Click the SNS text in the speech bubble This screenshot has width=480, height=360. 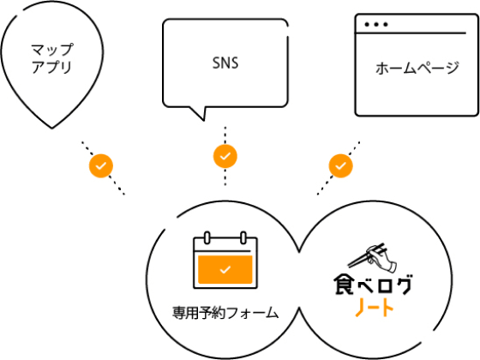pyautogui.click(x=225, y=63)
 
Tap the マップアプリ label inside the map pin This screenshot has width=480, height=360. pyautogui.click(x=52, y=58)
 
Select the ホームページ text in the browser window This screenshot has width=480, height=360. pyautogui.click(x=417, y=68)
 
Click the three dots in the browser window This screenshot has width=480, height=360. pyautogui.click(x=376, y=25)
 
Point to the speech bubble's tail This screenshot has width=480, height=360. pyautogui.click(x=199, y=112)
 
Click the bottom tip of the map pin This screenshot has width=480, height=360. pyautogui.click(x=51, y=128)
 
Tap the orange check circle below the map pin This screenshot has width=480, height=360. pyautogui.click(x=101, y=166)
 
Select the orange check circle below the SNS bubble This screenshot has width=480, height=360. pyautogui.click(x=225, y=156)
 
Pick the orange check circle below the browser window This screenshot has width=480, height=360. pyautogui.click(x=341, y=166)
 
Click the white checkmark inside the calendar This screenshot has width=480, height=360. pyautogui.click(x=225, y=270)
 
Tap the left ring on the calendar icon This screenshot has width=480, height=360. pyautogui.click(x=207, y=238)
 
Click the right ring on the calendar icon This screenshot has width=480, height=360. pyautogui.click(x=243, y=238)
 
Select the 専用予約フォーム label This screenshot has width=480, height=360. pyautogui.click(x=225, y=313)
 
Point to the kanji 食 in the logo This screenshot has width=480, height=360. pyautogui.click(x=344, y=285)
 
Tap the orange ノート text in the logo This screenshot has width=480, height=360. pyautogui.click(x=374, y=307)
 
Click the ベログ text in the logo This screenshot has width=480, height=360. pyautogui.click(x=385, y=285)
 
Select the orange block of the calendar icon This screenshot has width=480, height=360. pyautogui.click(x=225, y=269)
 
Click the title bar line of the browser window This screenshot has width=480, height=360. pyautogui.click(x=411, y=33)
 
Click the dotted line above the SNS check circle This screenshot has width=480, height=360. pyautogui.click(x=225, y=135)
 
